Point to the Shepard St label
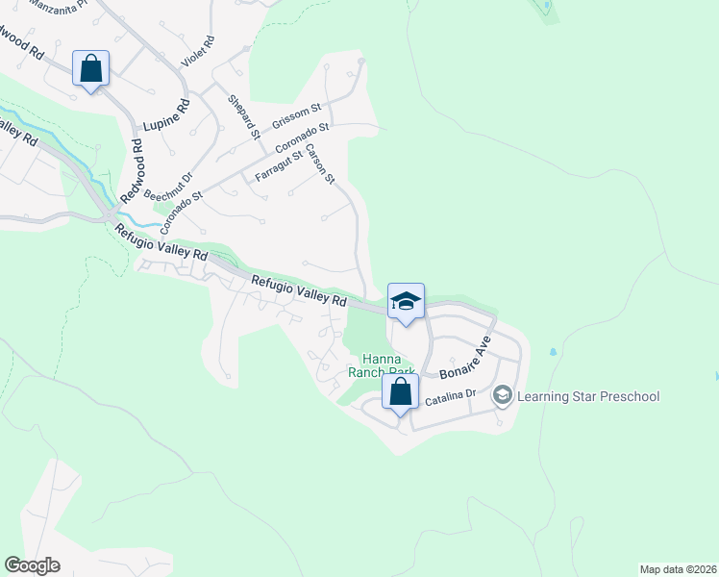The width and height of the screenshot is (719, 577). (x=244, y=117)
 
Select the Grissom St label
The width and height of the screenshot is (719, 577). (x=294, y=117)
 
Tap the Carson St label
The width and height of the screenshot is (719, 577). (x=321, y=164)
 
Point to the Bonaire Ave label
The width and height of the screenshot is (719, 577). (x=466, y=358)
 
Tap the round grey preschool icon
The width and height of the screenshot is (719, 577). (x=502, y=395)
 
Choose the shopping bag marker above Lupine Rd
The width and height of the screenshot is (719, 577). (x=90, y=69)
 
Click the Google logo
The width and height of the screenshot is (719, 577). (x=32, y=564)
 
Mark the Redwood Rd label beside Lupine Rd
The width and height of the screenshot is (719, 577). (x=131, y=171)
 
